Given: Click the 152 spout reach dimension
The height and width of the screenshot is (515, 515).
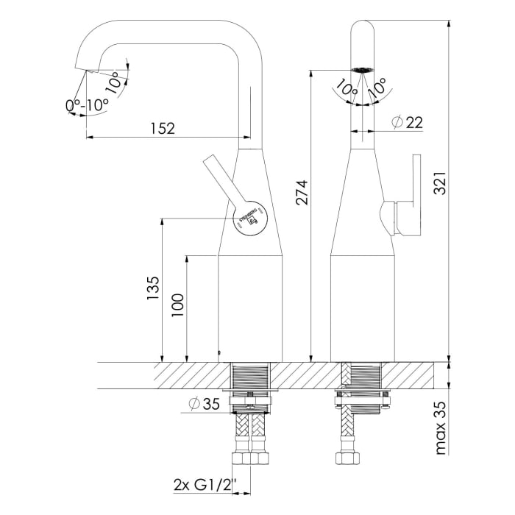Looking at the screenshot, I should click(x=163, y=128).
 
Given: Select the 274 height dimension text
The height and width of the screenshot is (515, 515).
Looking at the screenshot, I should click(x=301, y=192).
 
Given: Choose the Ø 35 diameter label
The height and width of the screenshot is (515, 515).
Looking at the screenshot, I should click(x=205, y=404).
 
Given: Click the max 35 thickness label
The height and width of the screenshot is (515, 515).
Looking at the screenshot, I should click(x=440, y=428).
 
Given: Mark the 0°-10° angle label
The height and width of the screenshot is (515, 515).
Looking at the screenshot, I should click(x=88, y=105).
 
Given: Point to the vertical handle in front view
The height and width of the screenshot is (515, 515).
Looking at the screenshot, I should click(x=416, y=195).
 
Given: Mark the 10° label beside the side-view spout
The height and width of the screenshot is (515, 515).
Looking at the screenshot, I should click(x=114, y=80).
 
